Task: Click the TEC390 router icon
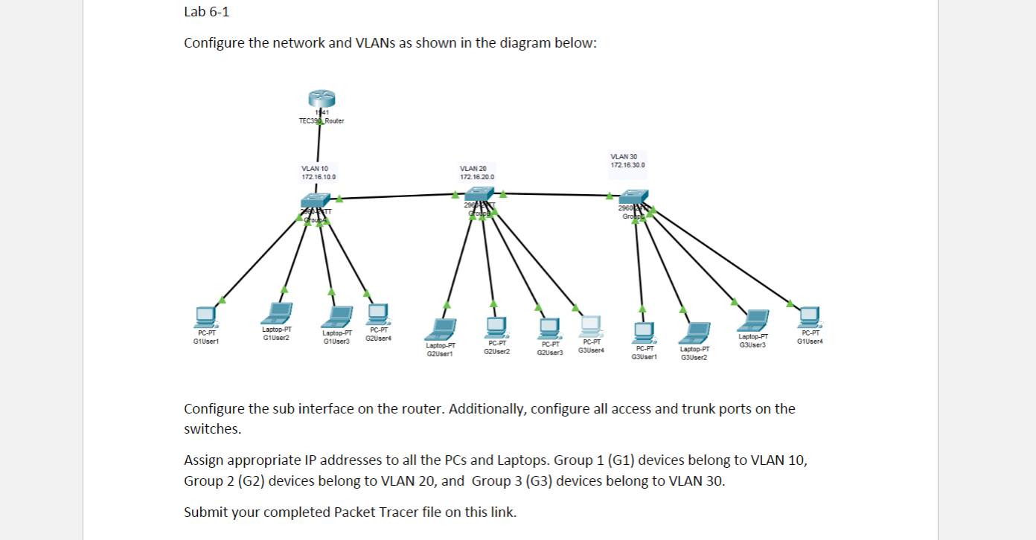click(x=320, y=100)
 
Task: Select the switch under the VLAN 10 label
click(x=316, y=199)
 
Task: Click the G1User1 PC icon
click(x=204, y=317)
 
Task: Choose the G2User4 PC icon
click(x=378, y=314)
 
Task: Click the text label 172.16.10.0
click(x=319, y=177)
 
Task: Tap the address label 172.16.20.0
click(x=476, y=177)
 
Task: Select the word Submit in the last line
click(x=205, y=512)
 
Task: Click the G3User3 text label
click(x=752, y=345)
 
